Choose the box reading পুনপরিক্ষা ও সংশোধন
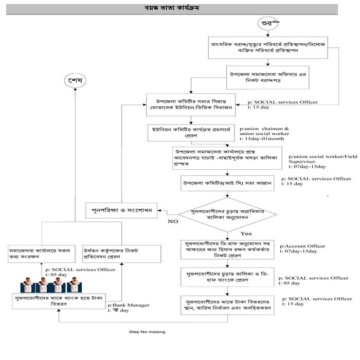(121, 211)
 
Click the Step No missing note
(147, 332)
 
